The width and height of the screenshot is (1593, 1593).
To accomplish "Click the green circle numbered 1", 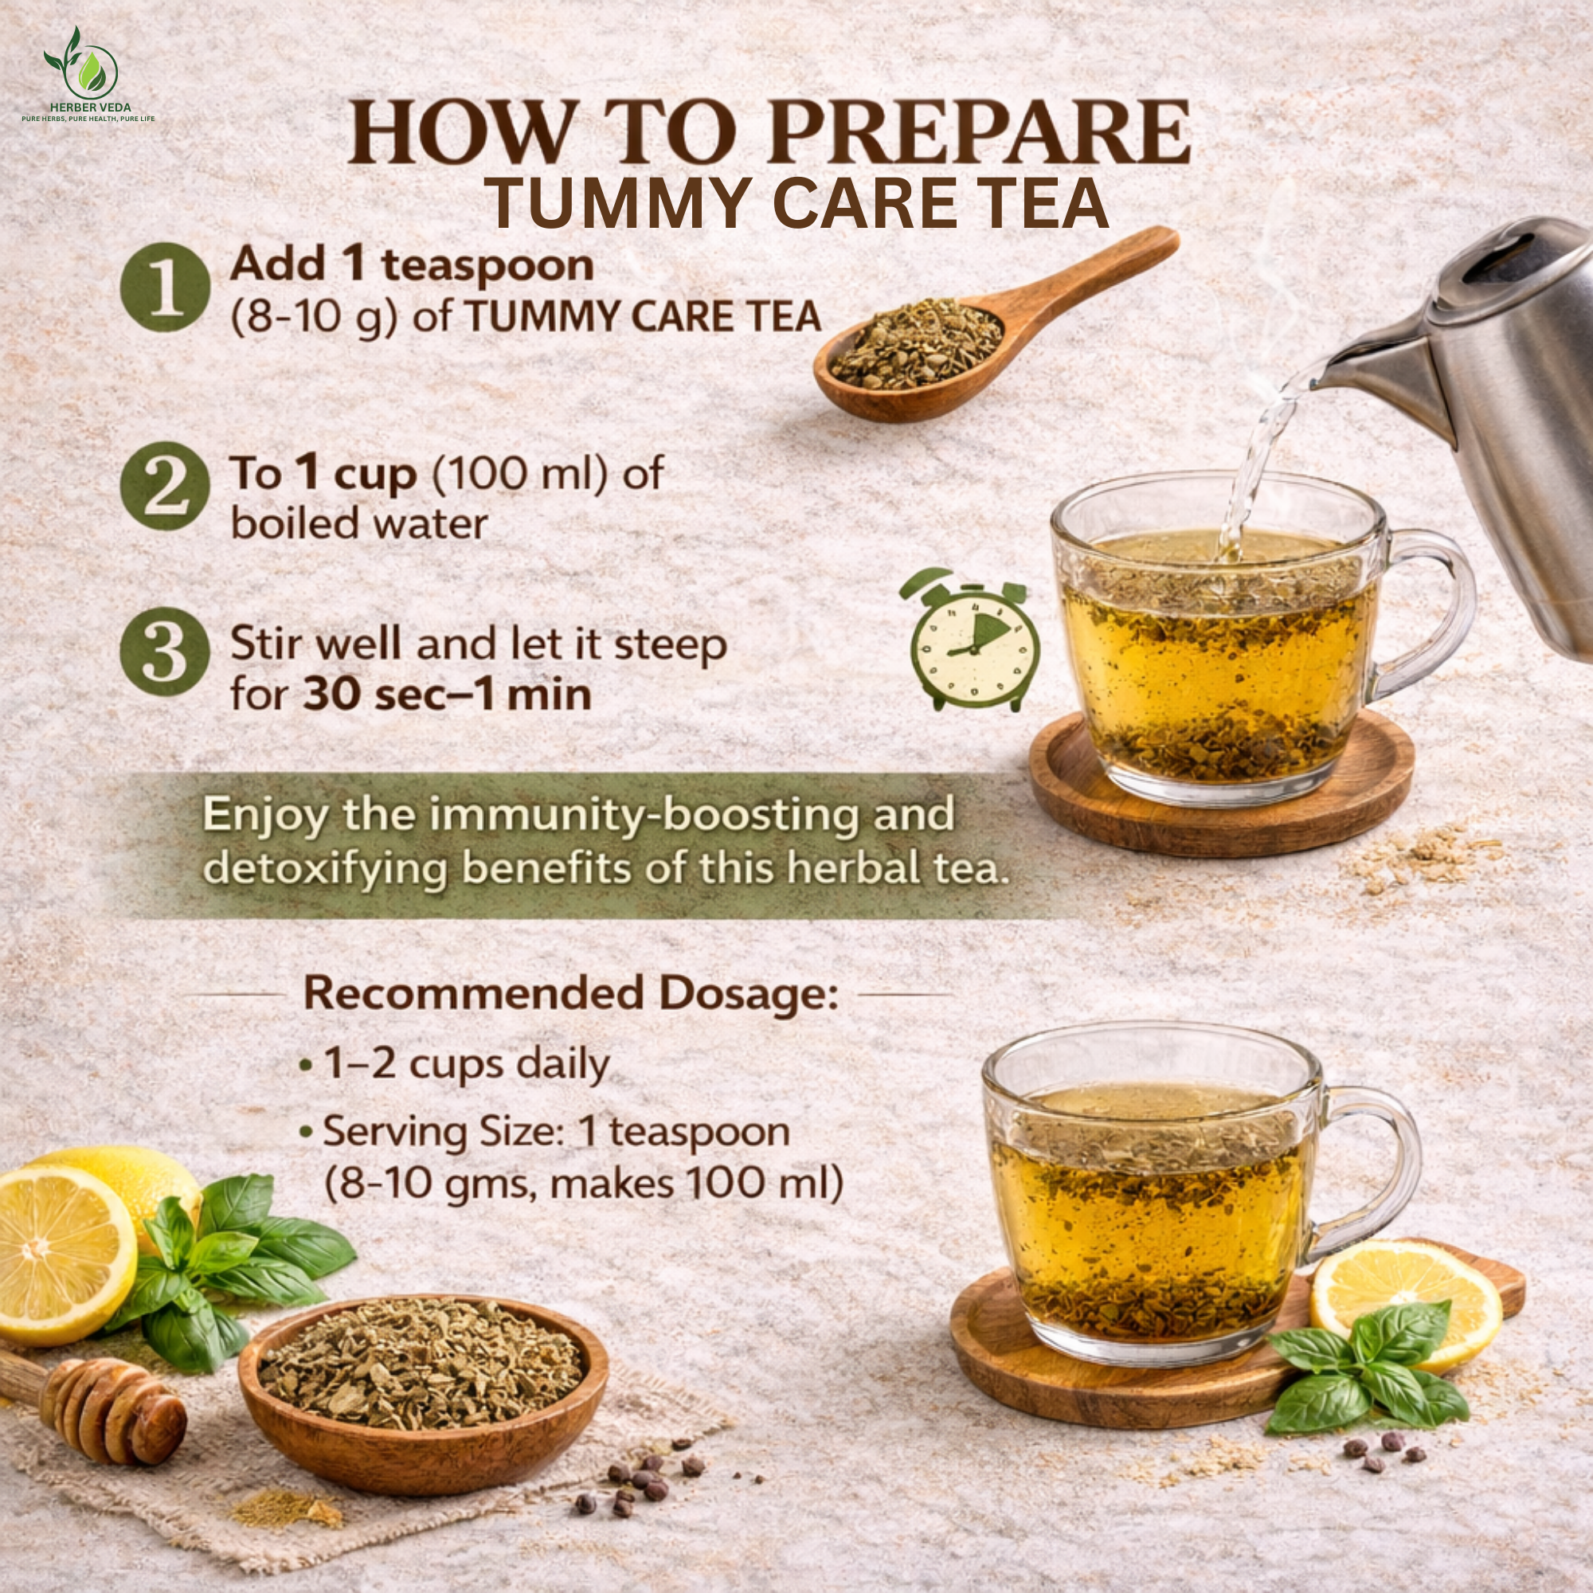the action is pyautogui.click(x=163, y=287).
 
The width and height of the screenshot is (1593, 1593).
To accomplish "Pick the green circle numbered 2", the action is pyautogui.click(x=163, y=486).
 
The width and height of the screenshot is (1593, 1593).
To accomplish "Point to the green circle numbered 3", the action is pyautogui.click(x=163, y=652).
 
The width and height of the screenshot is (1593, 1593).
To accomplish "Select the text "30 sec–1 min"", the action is pyautogui.click(x=447, y=695).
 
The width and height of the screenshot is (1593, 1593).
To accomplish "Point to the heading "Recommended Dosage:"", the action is pyautogui.click(x=570, y=993).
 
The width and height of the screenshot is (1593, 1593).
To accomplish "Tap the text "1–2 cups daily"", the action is pyautogui.click(x=467, y=1064).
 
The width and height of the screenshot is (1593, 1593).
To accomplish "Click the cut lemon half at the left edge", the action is pyautogui.click(x=62, y=1253).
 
